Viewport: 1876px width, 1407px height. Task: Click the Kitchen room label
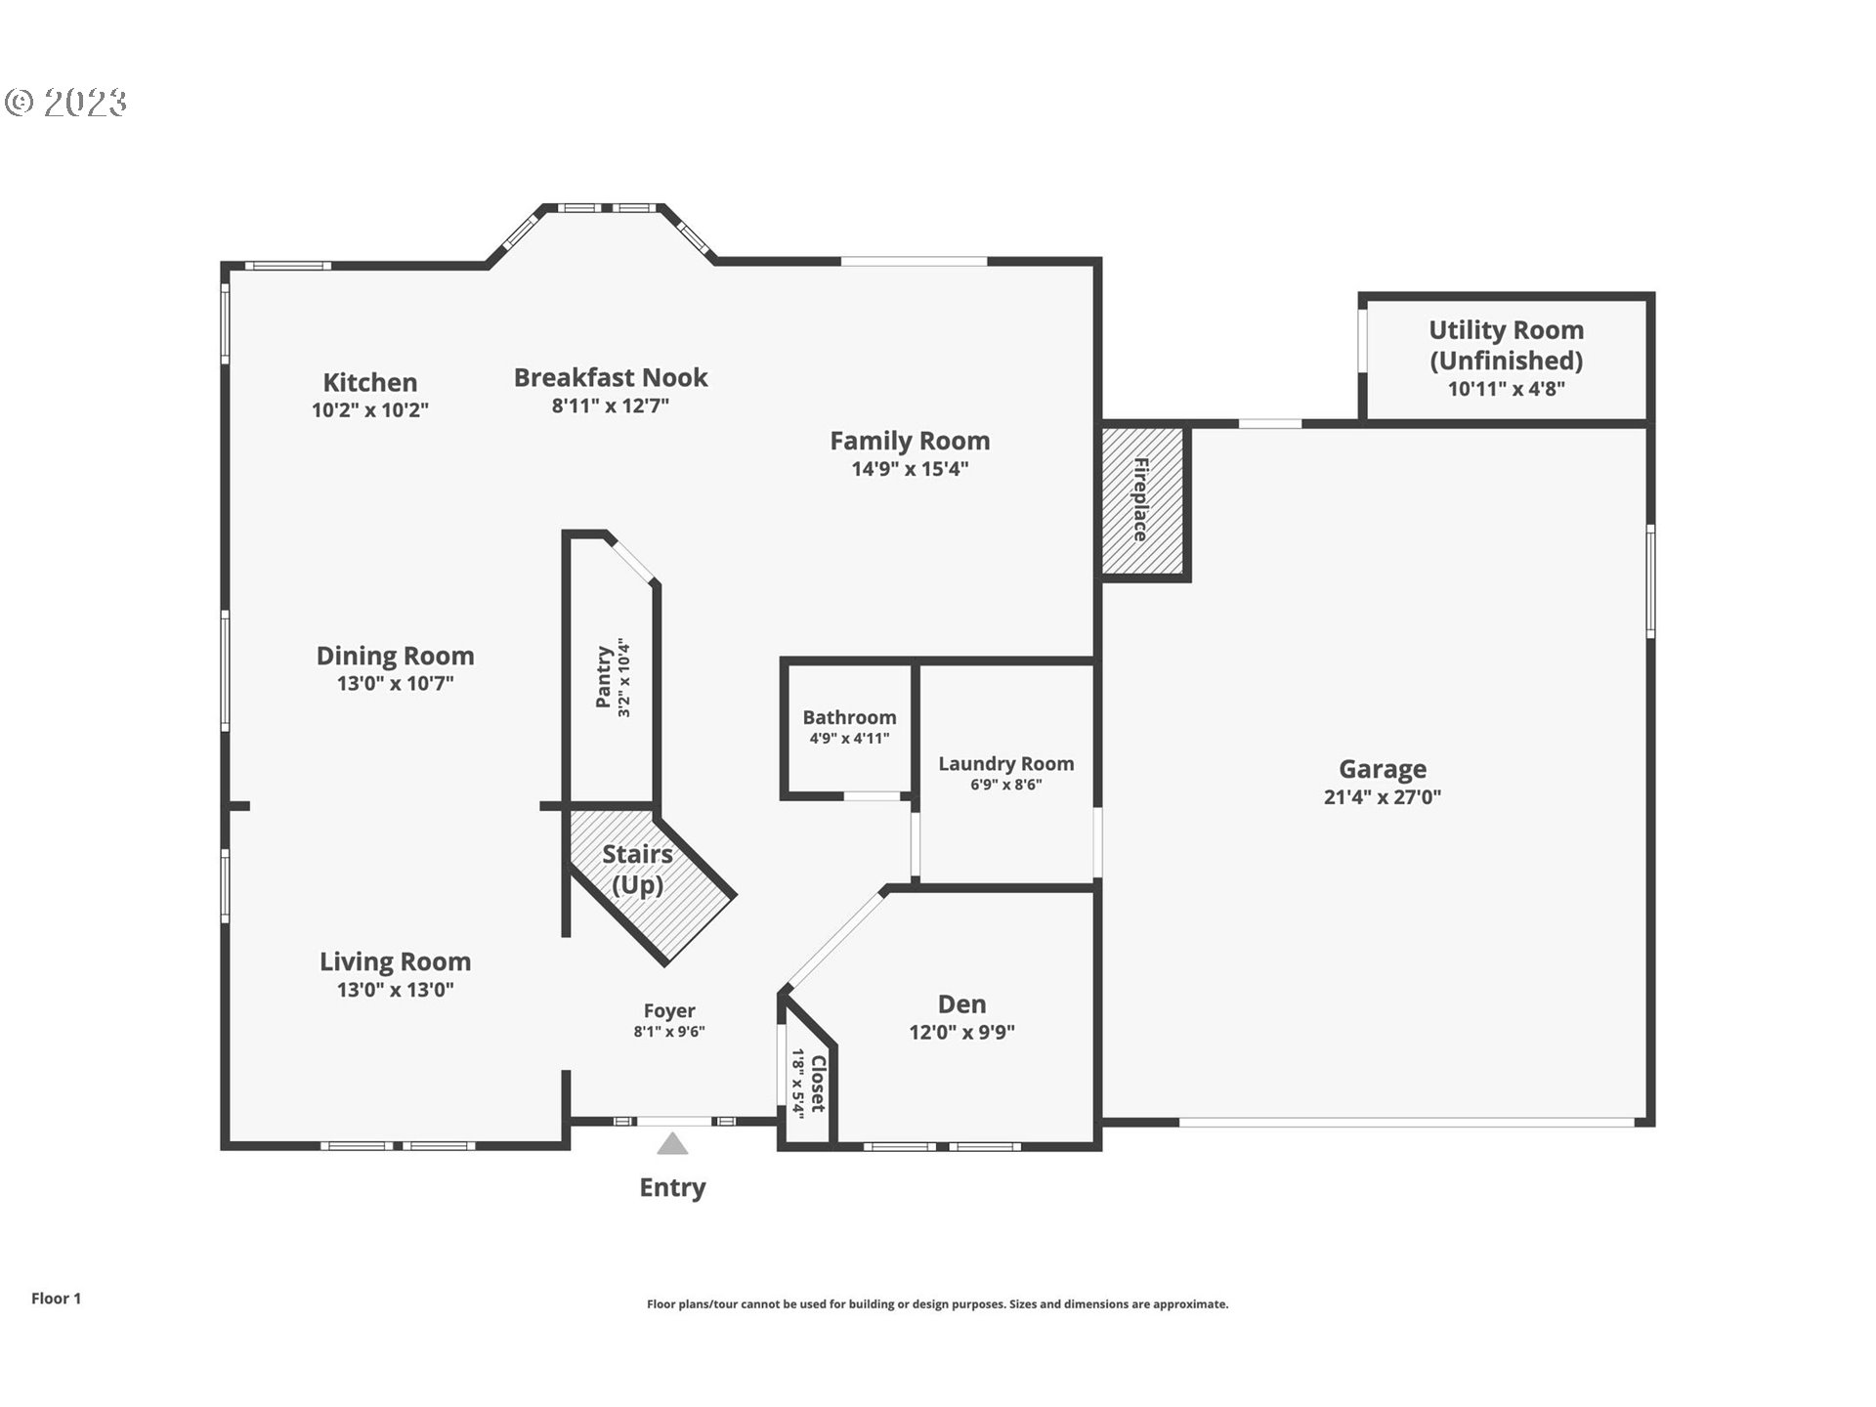coord(369,382)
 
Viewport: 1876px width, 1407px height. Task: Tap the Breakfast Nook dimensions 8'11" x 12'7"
coord(610,405)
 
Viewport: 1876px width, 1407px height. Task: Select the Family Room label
coord(909,441)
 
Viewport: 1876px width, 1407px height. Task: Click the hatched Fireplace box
coord(1141,499)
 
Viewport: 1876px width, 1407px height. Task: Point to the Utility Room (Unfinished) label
coord(1506,345)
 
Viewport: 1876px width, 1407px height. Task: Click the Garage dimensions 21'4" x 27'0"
coord(1382,797)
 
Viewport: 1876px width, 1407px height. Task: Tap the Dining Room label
coord(395,656)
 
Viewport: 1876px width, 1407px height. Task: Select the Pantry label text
coord(604,676)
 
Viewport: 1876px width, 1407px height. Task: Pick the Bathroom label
coord(849,717)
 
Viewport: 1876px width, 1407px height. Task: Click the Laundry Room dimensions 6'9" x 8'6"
coord(1005,785)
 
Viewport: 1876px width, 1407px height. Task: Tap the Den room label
coord(961,1004)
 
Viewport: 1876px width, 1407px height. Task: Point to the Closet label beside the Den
coord(818,1083)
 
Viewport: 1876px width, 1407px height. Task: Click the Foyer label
coord(669,1011)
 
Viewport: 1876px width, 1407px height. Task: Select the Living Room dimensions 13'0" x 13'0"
coord(395,990)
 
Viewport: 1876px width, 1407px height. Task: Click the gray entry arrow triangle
coord(672,1144)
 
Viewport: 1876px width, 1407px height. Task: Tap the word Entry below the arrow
coord(672,1187)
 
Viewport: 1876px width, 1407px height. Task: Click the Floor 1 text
coord(56,1298)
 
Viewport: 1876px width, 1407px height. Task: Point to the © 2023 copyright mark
coord(66,102)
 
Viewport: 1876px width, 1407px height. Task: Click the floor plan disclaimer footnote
coord(937,1304)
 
